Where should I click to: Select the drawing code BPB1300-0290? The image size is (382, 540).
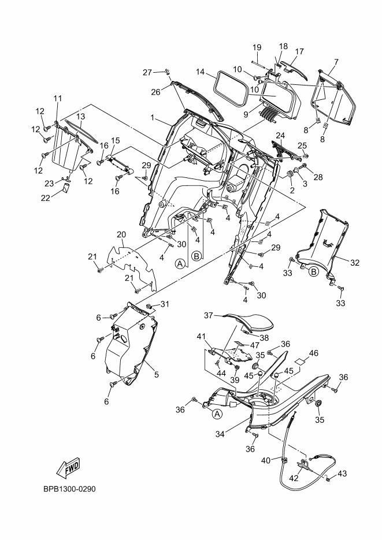(x=69, y=489)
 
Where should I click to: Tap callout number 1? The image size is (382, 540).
(x=153, y=118)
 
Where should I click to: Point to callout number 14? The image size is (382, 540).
(x=201, y=72)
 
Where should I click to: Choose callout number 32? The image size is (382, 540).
(x=355, y=263)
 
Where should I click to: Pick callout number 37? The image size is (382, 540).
(x=209, y=315)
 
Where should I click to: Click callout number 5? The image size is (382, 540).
(x=155, y=374)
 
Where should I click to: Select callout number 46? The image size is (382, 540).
(x=314, y=352)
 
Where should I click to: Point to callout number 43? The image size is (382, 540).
(x=342, y=474)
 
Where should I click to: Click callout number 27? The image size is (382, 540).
(x=147, y=72)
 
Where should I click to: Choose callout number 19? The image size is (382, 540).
(x=257, y=47)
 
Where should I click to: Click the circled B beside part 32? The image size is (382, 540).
(x=314, y=271)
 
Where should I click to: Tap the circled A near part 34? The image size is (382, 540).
(x=217, y=414)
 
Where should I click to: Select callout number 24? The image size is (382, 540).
(x=281, y=136)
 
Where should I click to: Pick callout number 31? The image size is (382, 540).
(x=165, y=304)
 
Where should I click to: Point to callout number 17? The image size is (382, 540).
(x=299, y=51)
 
